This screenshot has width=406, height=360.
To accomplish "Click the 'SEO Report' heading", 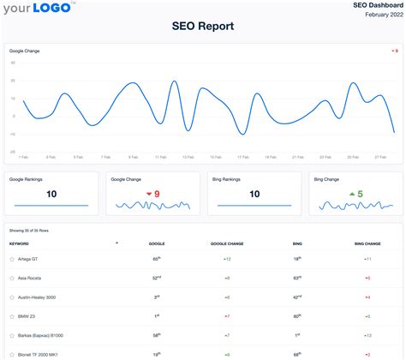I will point(203,27).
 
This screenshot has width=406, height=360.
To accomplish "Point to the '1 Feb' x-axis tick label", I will point(23,157).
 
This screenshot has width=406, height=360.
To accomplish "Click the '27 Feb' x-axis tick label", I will point(379,157).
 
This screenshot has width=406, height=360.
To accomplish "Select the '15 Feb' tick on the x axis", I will point(214,157).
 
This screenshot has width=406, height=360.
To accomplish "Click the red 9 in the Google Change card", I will point(157,195).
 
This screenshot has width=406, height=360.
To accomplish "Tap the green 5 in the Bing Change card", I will point(361,195).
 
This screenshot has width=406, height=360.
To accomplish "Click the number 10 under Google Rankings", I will point(51,195).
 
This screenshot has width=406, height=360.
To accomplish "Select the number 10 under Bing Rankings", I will point(254,195).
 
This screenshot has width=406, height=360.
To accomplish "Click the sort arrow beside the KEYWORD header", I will point(116,243).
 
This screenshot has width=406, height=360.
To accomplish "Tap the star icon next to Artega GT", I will point(11,258).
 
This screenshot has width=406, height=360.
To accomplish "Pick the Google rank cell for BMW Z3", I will point(157,315).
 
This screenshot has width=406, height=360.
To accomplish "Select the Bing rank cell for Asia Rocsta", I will point(296,278).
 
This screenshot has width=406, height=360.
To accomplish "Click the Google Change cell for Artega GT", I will point(227,258).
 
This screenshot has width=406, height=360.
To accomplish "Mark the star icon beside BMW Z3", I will point(11,316).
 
